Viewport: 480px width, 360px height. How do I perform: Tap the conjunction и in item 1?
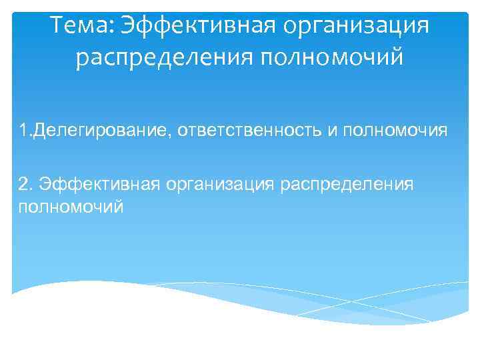331,129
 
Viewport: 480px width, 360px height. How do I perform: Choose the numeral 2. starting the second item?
26,183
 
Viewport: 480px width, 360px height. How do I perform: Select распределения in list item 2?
347,183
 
